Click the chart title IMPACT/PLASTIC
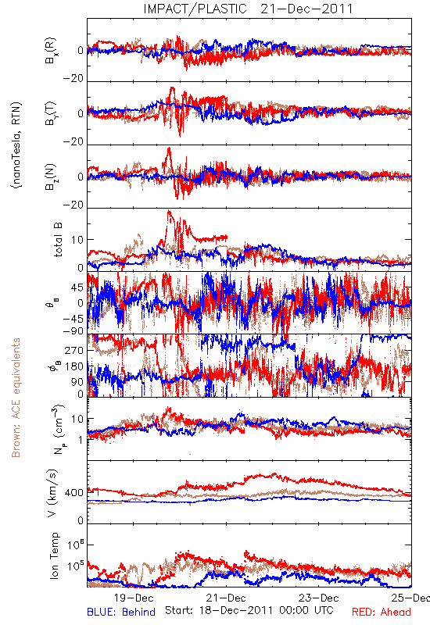click(195, 9)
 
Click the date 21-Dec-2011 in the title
click(306, 9)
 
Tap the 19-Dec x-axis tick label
click(134, 598)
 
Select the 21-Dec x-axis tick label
click(226, 598)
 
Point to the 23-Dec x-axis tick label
click(319, 598)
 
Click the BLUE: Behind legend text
click(121, 612)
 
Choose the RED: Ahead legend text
click(381, 612)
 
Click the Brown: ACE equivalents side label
click(16, 398)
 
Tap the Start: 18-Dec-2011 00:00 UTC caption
click(249, 610)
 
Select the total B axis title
click(57, 239)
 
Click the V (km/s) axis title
click(52, 493)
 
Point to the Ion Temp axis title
click(54, 555)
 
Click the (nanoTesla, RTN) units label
click(16, 145)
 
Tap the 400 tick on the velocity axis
click(74, 493)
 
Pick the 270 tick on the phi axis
click(74, 350)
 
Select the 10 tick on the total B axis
click(77, 240)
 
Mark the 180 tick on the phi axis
click(74, 366)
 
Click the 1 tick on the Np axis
click(81, 440)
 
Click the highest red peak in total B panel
click(169, 211)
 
